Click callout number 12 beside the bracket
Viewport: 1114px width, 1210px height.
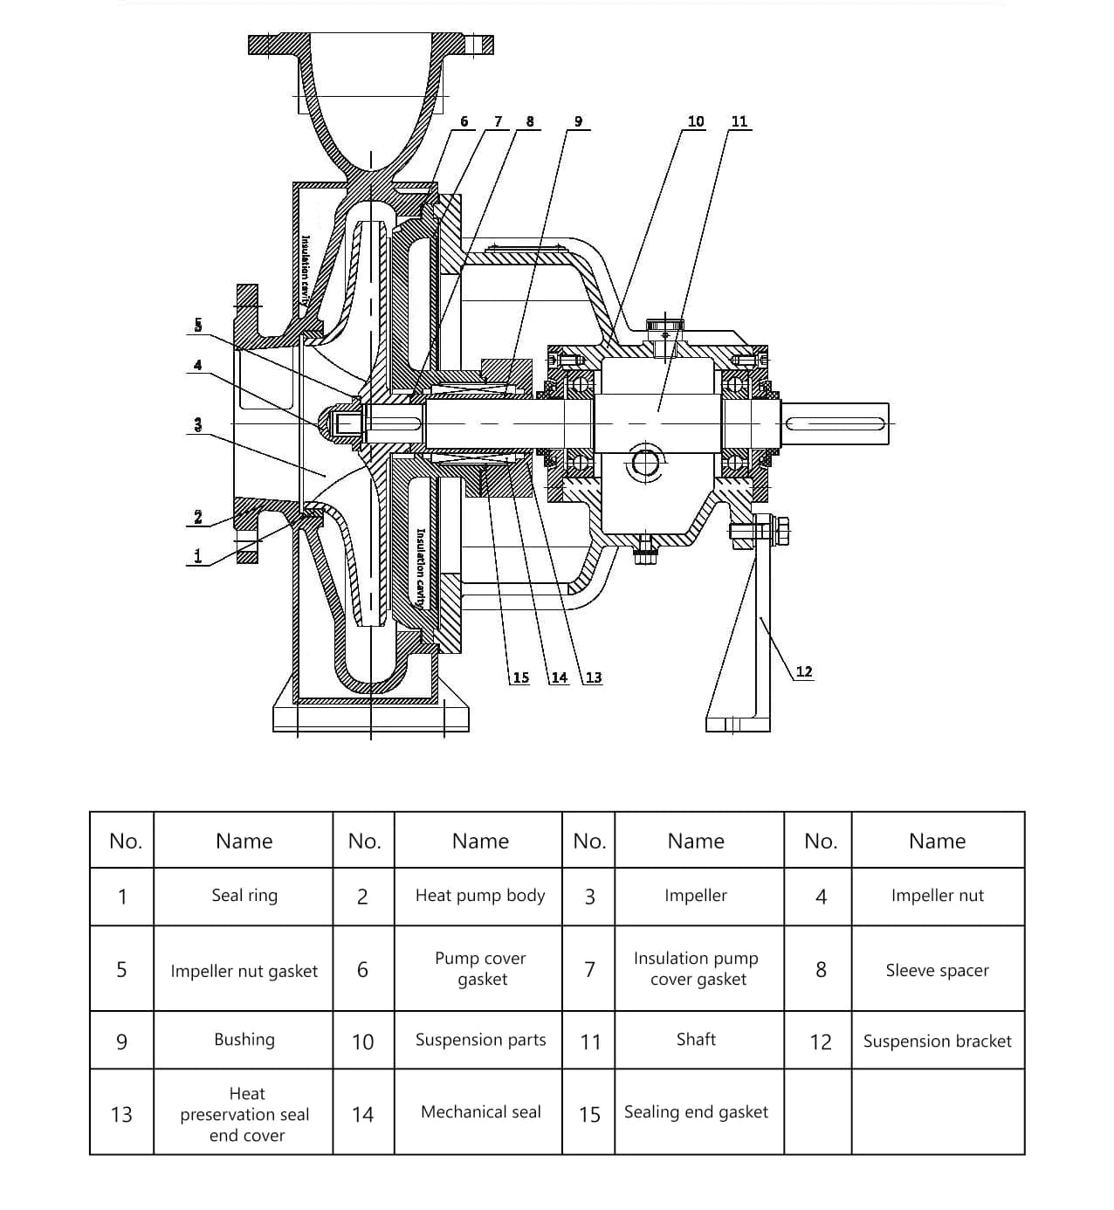[804, 671]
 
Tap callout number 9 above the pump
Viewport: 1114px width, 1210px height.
[578, 121]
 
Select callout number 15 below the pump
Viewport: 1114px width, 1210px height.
[520, 677]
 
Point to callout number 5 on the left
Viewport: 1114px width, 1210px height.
[198, 326]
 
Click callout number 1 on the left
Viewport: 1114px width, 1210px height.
[198, 555]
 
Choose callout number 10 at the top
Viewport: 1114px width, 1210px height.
[696, 121]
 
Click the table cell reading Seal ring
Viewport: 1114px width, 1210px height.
[244, 896]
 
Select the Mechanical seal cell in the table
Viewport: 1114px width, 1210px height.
[480, 1112]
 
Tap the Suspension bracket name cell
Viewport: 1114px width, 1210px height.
[937, 1041]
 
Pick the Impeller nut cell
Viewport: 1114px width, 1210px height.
[937, 896]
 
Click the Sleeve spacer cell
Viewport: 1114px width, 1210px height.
[937, 970]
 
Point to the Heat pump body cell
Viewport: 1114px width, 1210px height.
[480, 896]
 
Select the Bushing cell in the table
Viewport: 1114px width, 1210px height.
[244, 1040]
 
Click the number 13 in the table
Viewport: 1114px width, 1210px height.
[121, 1114]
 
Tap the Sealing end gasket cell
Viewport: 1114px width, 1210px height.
[696, 1112]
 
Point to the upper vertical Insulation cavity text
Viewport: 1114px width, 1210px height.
[306, 267]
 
